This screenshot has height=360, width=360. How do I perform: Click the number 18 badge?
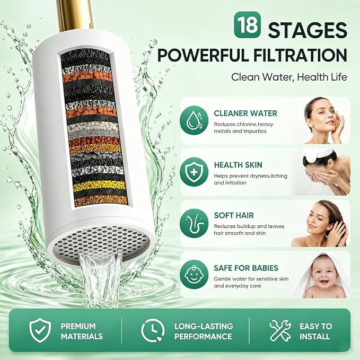tap(248, 24)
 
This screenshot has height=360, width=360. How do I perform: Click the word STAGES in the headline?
tap(308, 30)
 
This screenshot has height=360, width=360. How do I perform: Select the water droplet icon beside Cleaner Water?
tap(194, 120)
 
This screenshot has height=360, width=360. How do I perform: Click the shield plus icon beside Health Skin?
tap(194, 172)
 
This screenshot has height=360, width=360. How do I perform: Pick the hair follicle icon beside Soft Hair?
tap(194, 223)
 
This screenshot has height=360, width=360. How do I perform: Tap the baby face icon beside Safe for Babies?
tap(194, 274)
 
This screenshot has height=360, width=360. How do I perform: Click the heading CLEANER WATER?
tap(245, 113)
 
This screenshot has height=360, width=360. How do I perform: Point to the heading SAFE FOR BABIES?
tap(246, 268)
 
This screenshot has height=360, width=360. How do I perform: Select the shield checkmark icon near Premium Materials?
tap(40, 330)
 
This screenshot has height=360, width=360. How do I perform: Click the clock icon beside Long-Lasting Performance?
tap(153, 330)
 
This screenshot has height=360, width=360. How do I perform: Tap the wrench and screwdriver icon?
tap(280, 330)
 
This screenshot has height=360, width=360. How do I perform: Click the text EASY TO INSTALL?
tap(315, 331)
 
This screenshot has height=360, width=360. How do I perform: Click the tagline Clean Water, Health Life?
tap(289, 77)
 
